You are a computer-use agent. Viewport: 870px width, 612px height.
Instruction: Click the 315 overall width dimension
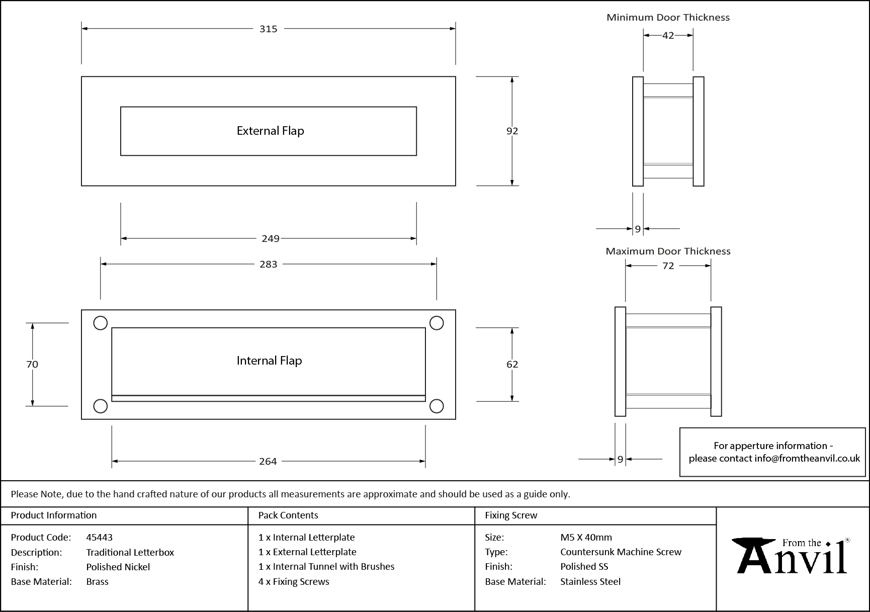tap(268, 29)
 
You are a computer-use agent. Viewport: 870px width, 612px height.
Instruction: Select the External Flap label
tap(270, 131)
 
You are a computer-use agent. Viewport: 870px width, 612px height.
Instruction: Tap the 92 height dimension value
tap(512, 131)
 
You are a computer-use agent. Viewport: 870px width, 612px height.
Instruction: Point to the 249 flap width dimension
tap(270, 238)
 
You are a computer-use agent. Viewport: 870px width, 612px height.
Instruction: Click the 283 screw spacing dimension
tap(268, 264)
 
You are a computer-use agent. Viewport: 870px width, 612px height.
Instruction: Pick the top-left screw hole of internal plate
tap(101, 323)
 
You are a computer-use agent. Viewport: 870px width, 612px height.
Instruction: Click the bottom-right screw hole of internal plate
tap(437, 406)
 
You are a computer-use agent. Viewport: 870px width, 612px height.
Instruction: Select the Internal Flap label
tap(269, 361)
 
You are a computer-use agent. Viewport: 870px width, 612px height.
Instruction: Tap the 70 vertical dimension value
tap(32, 364)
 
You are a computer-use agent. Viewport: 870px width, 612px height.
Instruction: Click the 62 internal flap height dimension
tap(512, 364)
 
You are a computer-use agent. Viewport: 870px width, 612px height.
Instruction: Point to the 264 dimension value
tap(268, 461)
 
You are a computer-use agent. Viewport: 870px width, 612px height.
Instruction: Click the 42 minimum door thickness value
tap(668, 35)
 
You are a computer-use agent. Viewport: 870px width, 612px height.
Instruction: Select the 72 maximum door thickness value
tap(668, 266)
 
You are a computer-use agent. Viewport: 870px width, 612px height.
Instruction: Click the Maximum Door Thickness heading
tap(668, 251)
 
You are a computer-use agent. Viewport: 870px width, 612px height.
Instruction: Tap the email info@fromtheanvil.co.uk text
tap(807, 458)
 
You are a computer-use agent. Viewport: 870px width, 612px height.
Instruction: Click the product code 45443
tap(99, 537)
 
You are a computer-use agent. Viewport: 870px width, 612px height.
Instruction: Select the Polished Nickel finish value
tap(118, 567)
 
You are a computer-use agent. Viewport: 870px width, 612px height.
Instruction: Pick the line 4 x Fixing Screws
tap(294, 581)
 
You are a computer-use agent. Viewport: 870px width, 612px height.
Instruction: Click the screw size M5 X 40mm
tap(586, 537)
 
